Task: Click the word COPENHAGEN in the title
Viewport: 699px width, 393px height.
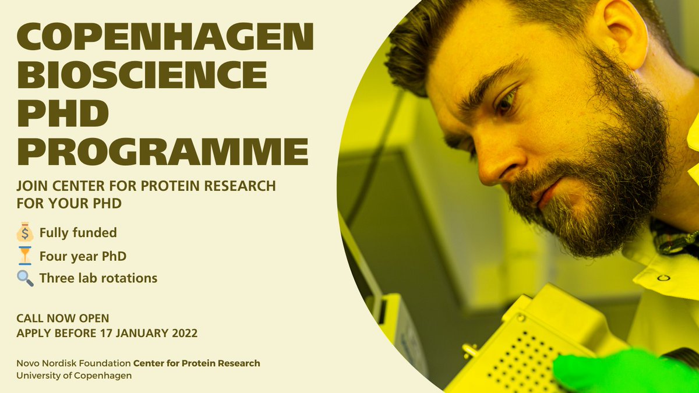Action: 165,38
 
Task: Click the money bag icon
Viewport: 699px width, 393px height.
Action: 26,232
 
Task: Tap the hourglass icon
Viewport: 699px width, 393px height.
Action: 26,256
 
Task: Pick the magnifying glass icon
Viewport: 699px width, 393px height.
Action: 26,278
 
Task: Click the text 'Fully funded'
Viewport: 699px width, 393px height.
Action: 78,233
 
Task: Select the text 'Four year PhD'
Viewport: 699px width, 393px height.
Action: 83,256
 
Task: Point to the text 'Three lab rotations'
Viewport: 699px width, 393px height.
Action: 98,278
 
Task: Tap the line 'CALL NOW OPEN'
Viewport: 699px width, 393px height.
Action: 62,318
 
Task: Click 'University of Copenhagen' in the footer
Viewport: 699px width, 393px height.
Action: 74,376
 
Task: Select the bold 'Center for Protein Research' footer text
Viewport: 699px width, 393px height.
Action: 197,363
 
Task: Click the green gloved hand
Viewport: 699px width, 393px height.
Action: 623,373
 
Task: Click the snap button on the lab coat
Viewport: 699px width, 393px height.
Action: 660,277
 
